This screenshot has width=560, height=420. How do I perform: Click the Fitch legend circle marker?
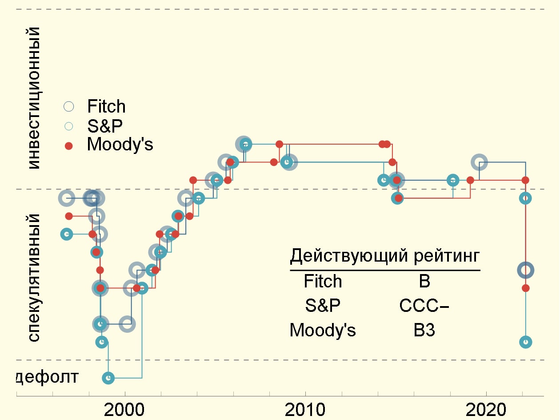point(69,106)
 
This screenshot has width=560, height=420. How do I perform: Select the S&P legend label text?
point(105,126)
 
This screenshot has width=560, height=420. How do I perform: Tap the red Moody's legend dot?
point(68,145)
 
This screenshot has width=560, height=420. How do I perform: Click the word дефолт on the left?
point(48,377)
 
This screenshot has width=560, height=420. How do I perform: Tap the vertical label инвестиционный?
point(34,98)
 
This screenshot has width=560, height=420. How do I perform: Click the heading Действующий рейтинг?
point(385,256)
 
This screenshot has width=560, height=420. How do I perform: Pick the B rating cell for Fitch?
point(424,281)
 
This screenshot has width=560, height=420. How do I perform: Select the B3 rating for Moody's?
point(424,331)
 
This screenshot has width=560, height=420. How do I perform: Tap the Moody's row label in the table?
point(323,331)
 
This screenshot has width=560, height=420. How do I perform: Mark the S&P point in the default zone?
point(108,378)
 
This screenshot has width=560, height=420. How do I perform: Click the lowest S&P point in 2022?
point(526,342)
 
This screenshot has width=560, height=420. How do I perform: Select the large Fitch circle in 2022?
point(526,270)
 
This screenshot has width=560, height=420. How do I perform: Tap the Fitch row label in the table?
point(323,281)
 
